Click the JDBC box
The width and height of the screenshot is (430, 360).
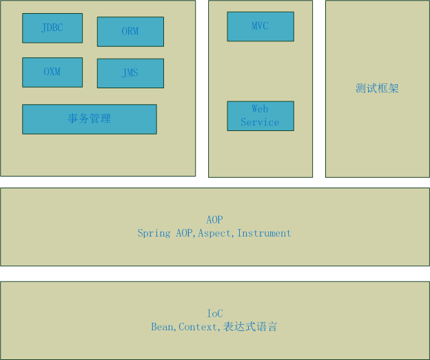coord(52,28)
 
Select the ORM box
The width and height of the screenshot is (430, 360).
coord(130,32)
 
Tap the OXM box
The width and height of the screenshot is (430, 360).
coord(52,72)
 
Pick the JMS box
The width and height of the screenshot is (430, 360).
coord(130,73)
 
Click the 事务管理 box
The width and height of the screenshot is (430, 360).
coord(90,119)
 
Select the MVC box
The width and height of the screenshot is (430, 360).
coord(260,26)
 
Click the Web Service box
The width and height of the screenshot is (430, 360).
coord(260,116)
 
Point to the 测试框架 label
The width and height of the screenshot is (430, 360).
coord(377,88)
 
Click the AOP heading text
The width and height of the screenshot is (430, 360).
coord(214,220)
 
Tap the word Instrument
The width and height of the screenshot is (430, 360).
coord(264,233)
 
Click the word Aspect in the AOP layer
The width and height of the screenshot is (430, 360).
coord(216,233)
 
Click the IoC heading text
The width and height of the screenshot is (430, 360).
coord(215,314)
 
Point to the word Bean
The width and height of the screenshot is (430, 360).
coord(163,327)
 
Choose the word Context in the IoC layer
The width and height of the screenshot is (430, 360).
coord(198,327)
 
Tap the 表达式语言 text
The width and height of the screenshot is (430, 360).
coord(250,327)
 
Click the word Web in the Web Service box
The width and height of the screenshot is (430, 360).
coord(260,109)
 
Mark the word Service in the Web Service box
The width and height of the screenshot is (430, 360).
coord(260,122)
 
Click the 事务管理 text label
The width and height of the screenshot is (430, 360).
coord(90,119)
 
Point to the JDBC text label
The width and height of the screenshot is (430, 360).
coord(52,28)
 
